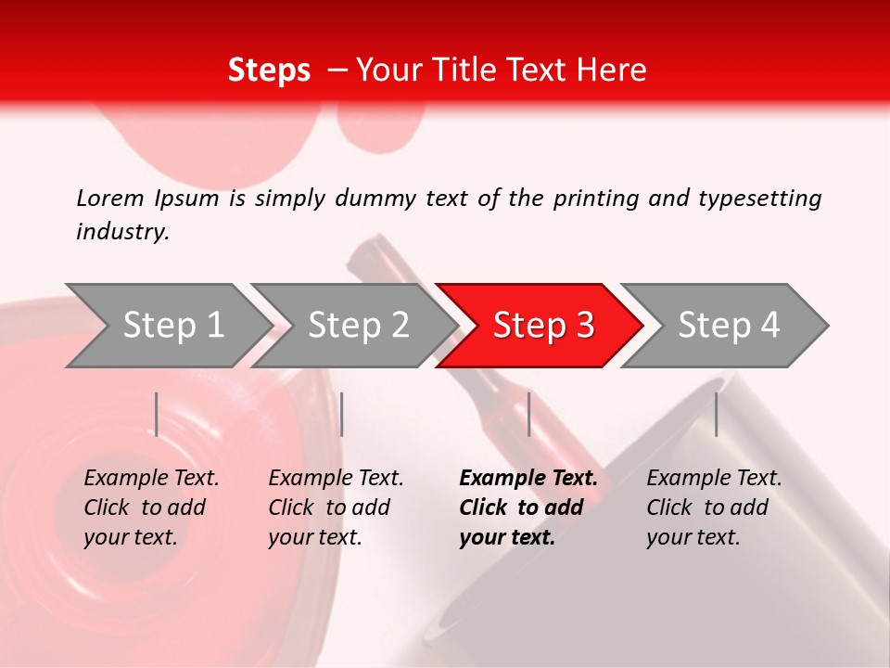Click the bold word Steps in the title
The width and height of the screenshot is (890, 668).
(x=269, y=71)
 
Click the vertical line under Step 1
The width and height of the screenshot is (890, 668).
(x=157, y=414)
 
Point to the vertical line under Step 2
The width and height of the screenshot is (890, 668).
(x=342, y=414)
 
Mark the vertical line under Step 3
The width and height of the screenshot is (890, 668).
(x=528, y=414)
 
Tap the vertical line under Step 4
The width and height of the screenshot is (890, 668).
(x=716, y=414)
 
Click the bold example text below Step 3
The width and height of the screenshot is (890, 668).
(x=528, y=507)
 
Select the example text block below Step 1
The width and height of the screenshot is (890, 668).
(x=151, y=507)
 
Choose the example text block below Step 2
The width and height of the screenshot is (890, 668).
(x=336, y=507)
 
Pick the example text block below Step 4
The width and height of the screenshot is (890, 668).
(x=714, y=507)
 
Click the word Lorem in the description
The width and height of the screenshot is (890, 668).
(x=110, y=199)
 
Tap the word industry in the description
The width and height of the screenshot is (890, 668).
(x=122, y=232)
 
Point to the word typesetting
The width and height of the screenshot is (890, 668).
(x=759, y=199)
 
